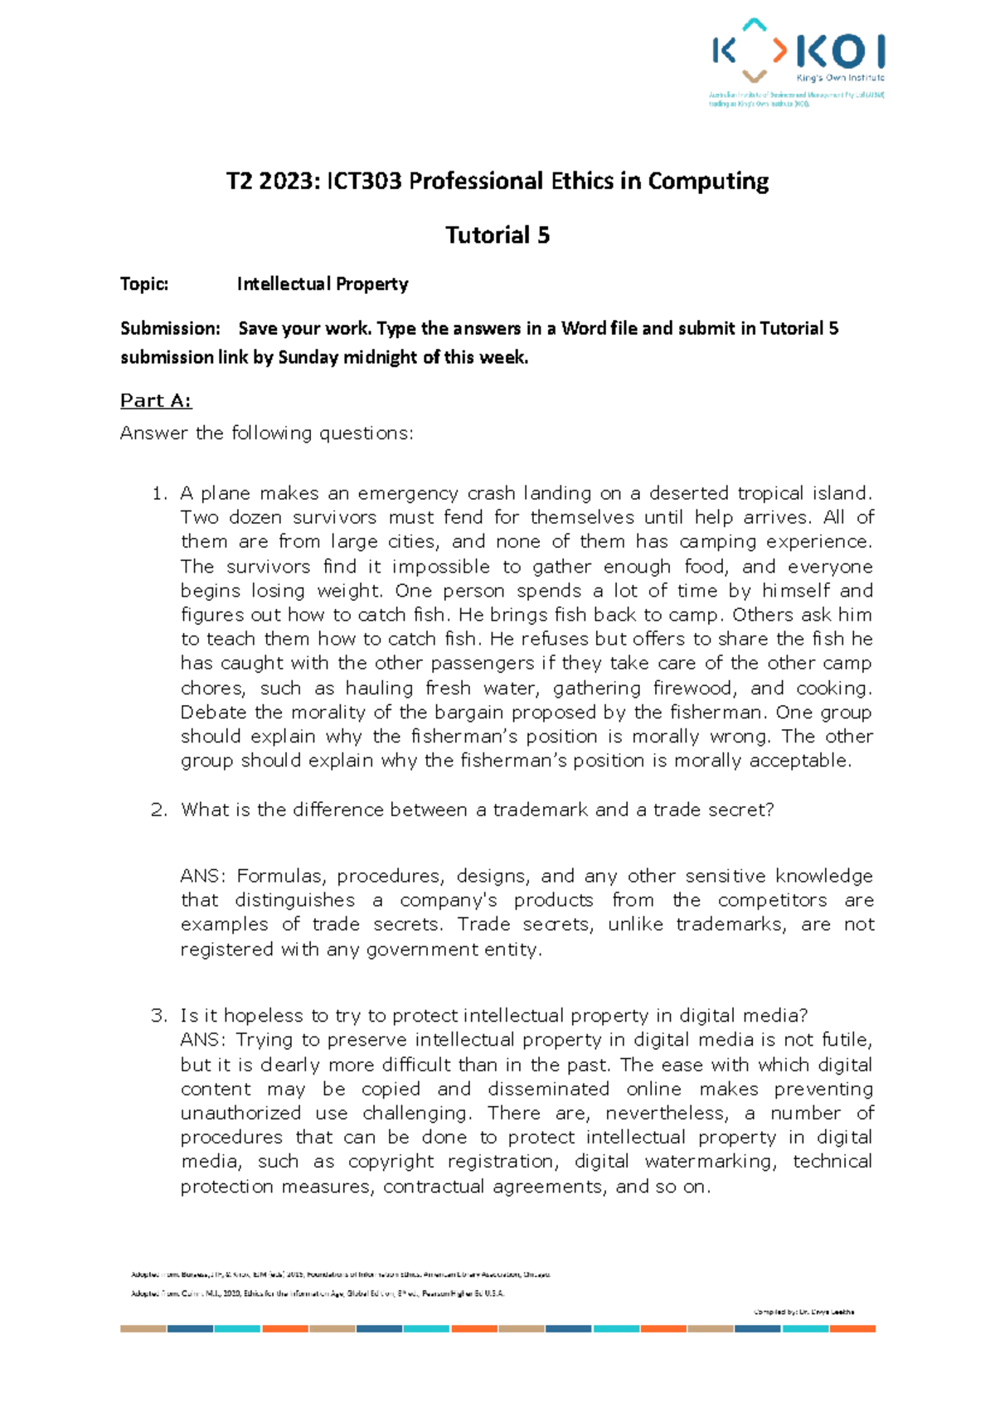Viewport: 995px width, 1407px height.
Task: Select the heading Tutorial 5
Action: [498, 235]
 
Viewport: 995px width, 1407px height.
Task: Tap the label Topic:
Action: [144, 284]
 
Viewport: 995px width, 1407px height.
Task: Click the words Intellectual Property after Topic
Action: [323, 284]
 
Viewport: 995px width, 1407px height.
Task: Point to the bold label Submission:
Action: [170, 328]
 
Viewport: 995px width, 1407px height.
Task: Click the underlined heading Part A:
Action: [156, 401]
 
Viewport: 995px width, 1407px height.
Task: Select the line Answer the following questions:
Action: [266, 433]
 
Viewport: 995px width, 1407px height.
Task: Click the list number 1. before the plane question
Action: [159, 494]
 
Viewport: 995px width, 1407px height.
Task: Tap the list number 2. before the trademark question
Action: [159, 810]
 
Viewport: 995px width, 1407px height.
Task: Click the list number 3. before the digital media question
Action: [159, 1016]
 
